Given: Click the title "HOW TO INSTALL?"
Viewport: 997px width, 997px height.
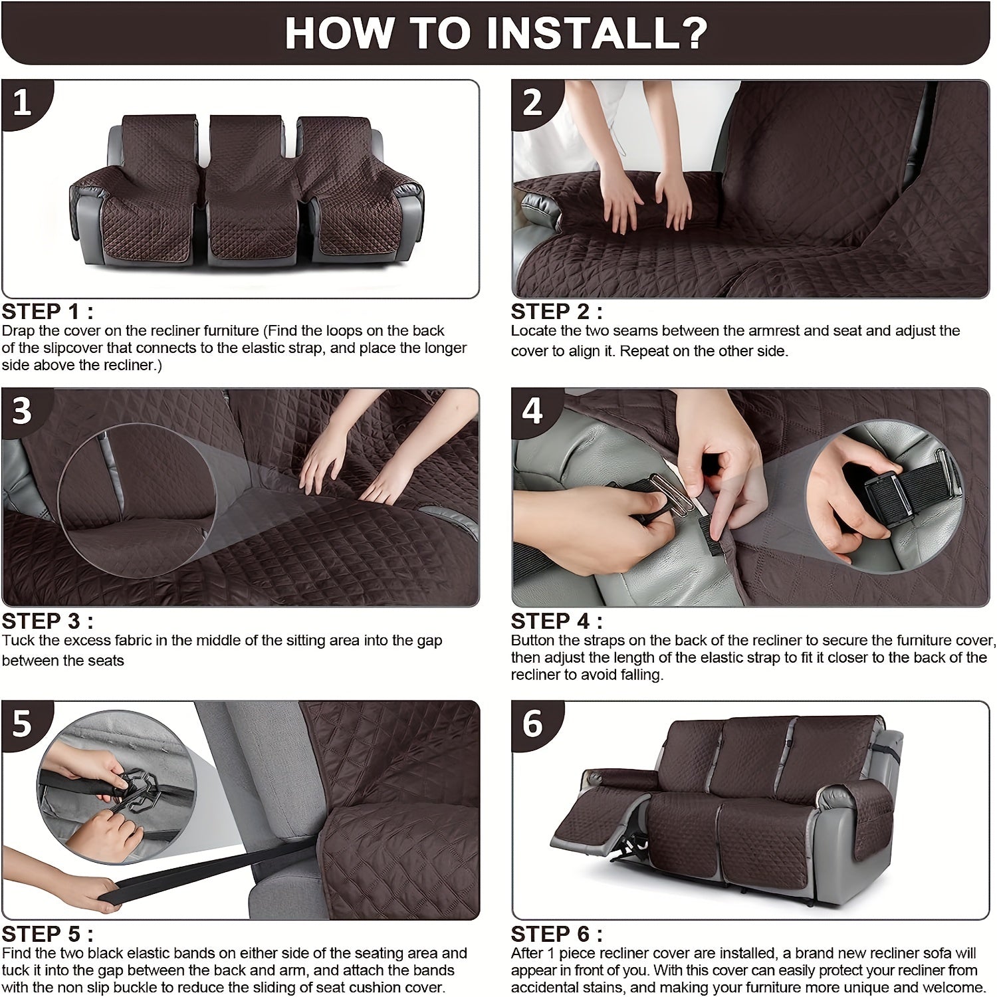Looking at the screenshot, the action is tap(496, 33).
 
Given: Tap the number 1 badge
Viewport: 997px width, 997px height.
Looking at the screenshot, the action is tap(23, 103).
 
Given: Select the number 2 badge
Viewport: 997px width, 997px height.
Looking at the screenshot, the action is tap(533, 103).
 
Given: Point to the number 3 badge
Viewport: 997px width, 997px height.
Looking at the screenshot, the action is tap(23, 411).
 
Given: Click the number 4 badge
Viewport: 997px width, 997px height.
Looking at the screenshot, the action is tap(533, 411).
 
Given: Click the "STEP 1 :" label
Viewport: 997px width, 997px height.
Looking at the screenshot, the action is tap(48, 312).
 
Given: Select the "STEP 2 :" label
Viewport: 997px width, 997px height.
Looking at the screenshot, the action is tap(557, 312).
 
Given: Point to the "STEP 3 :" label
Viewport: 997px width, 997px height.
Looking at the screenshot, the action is tap(48, 621).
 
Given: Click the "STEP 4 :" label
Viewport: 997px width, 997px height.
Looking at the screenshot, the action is tap(557, 621).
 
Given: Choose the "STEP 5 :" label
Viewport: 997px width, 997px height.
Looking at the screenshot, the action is tap(48, 934).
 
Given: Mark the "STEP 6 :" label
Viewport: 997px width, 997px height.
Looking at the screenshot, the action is tap(557, 934).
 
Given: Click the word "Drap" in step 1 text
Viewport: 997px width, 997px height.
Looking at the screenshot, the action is tap(18, 331).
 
